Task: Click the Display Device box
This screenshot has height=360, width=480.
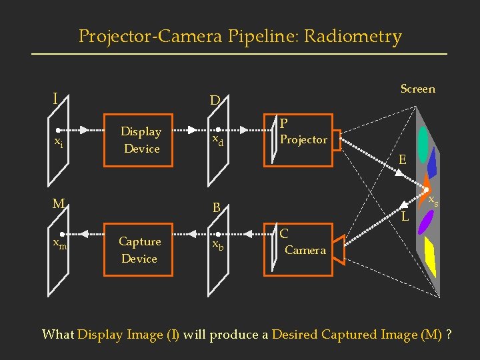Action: [x=141, y=140]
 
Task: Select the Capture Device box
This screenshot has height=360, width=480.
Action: [x=139, y=250]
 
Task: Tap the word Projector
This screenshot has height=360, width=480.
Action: [x=303, y=139]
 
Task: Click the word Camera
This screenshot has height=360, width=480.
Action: [x=305, y=250]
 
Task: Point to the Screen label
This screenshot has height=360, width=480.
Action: [x=417, y=89]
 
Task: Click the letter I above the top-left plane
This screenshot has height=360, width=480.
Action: [x=55, y=99]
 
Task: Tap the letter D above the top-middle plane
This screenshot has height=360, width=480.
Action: [x=215, y=101]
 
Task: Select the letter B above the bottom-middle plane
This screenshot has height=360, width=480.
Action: [x=216, y=207]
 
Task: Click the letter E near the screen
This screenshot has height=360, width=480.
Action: [x=402, y=159]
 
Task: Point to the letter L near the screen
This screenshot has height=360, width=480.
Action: [x=405, y=217]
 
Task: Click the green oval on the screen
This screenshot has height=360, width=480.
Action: [x=423, y=140]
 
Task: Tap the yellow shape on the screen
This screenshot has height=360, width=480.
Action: [x=430, y=258]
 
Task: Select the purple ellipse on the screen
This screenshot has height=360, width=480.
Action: [x=425, y=222]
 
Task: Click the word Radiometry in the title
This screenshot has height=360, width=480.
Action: [x=353, y=36]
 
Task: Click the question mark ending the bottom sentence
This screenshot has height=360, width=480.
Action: [x=449, y=334]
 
